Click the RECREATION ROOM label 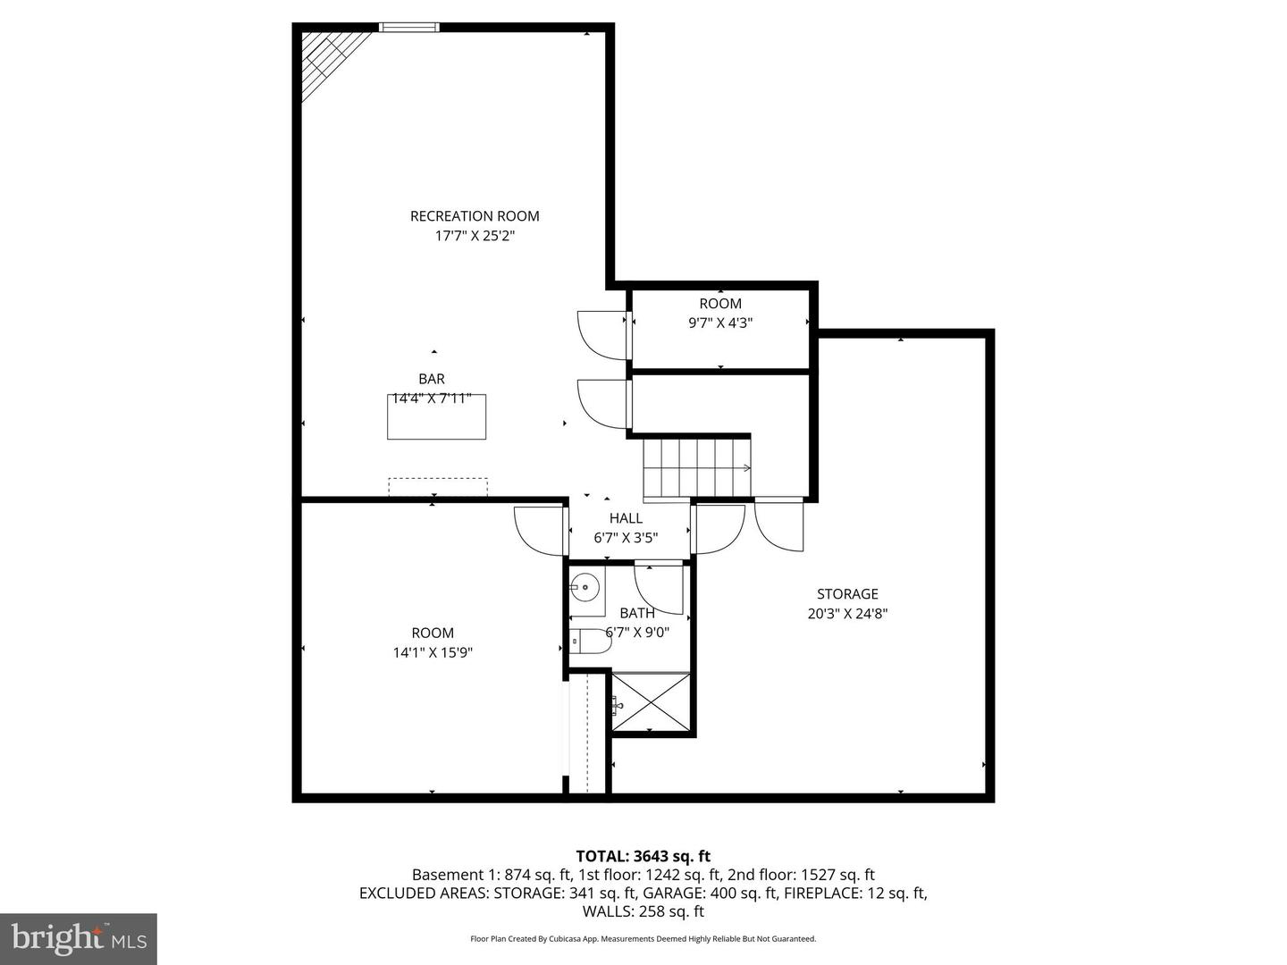[475, 215]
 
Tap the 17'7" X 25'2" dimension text [475, 236]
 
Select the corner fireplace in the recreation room [327, 61]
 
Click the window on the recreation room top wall [409, 28]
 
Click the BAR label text [432, 379]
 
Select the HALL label [626, 518]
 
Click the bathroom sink [585, 587]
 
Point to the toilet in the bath [590, 641]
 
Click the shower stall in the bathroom [651, 703]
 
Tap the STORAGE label [847, 594]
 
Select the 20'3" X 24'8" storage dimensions [847, 614]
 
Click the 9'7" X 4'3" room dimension [720, 323]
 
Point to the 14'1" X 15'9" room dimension [433, 652]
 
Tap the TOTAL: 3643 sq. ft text [643, 856]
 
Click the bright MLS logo [79, 938]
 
